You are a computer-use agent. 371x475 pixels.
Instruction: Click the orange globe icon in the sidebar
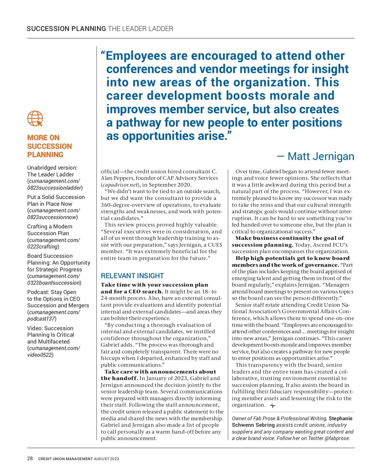(35, 119)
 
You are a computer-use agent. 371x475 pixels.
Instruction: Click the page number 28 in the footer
(30, 458)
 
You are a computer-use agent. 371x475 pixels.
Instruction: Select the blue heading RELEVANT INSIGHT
(132, 276)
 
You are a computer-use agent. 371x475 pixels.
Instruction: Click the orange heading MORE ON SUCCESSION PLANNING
(49, 146)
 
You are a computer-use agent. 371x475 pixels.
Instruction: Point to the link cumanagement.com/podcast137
(53, 315)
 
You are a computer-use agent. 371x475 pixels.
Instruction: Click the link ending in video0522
(53, 352)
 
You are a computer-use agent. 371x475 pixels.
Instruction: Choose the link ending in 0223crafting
(53, 243)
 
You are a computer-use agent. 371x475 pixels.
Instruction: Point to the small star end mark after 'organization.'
(272, 405)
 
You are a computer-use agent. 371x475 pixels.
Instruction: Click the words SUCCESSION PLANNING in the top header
(66, 29)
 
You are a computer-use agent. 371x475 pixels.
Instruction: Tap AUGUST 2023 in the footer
(106, 459)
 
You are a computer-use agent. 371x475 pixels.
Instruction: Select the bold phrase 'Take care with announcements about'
(160, 372)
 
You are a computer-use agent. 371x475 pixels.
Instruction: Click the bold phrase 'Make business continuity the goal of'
(289, 238)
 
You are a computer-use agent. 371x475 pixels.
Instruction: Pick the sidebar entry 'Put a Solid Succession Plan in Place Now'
(56, 200)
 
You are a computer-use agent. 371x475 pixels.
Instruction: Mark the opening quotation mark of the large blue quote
(103, 55)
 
